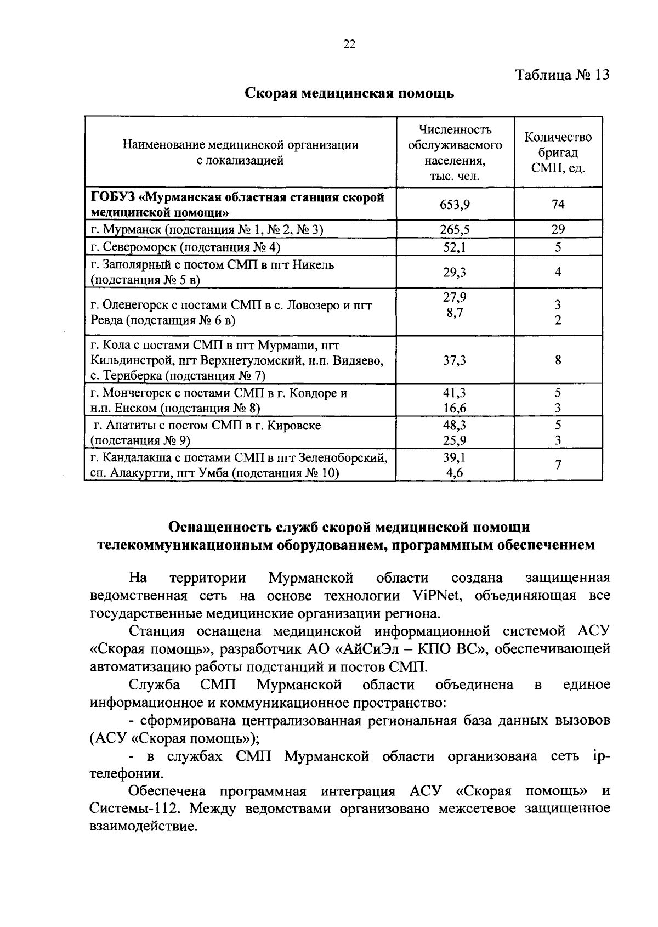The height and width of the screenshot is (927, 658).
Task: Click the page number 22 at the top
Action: click(349, 44)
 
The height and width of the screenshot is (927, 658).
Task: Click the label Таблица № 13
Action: click(562, 75)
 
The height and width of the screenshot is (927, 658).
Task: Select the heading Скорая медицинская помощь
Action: click(349, 93)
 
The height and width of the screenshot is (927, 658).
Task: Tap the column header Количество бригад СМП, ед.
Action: click(558, 152)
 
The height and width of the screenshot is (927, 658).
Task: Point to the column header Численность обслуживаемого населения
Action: click(455, 152)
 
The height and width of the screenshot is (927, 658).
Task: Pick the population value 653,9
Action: click(455, 204)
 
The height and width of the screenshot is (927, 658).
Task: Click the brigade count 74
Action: click(558, 204)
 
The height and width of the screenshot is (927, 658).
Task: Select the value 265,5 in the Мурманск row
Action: click(455, 229)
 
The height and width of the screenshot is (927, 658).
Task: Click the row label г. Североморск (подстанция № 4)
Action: click(185, 247)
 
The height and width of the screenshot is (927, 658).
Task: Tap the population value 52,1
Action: click(455, 247)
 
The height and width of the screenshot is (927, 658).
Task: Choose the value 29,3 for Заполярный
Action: click(455, 272)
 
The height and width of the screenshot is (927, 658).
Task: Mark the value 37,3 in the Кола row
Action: click(455, 360)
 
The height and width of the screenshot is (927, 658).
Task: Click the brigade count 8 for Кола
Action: click(558, 360)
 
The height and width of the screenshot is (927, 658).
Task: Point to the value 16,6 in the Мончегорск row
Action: click(455, 408)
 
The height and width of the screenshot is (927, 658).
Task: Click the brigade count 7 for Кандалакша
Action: click(558, 465)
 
